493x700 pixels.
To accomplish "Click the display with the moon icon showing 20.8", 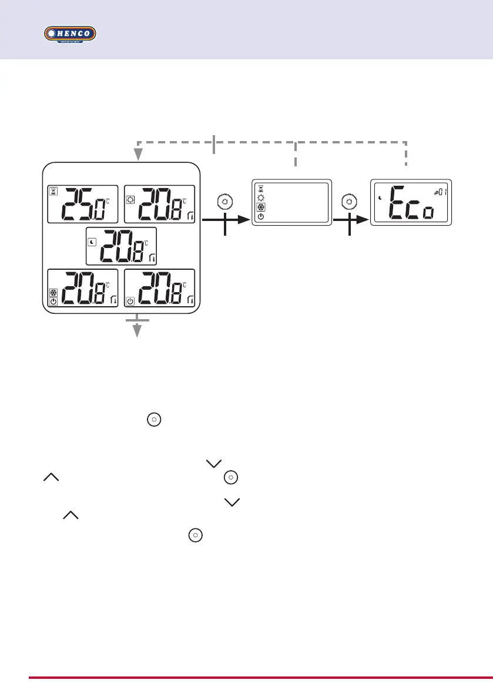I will click(x=121, y=245).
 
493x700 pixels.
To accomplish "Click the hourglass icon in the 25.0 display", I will click(x=53, y=191).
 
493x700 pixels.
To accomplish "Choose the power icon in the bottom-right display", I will click(x=130, y=302).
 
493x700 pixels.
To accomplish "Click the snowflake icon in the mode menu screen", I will click(x=261, y=207).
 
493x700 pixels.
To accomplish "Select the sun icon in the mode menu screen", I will click(x=261, y=198).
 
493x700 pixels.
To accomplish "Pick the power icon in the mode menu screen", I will click(x=261, y=216).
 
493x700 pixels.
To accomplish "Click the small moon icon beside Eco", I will click(x=381, y=198).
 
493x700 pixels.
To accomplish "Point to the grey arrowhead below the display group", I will click(x=137, y=331).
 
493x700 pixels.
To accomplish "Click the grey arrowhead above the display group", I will click(x=137, y=154).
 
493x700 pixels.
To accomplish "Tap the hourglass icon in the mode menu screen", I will click(x=261, y=189).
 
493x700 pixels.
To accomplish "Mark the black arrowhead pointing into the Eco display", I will click(x=365, y=219).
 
